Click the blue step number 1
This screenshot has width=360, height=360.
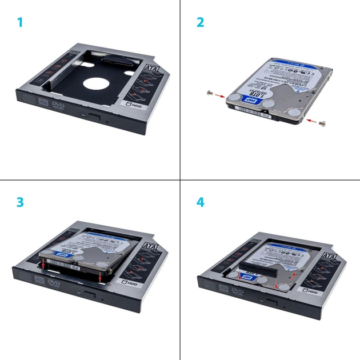click(x=20, y=23)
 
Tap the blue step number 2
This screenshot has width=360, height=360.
click(x=200, y=23)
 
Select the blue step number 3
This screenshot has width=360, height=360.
click(x=20, y=203)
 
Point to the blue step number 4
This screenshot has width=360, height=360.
click(x=200, y=203)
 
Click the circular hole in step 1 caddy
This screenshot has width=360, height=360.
click(x=97, y=82)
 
